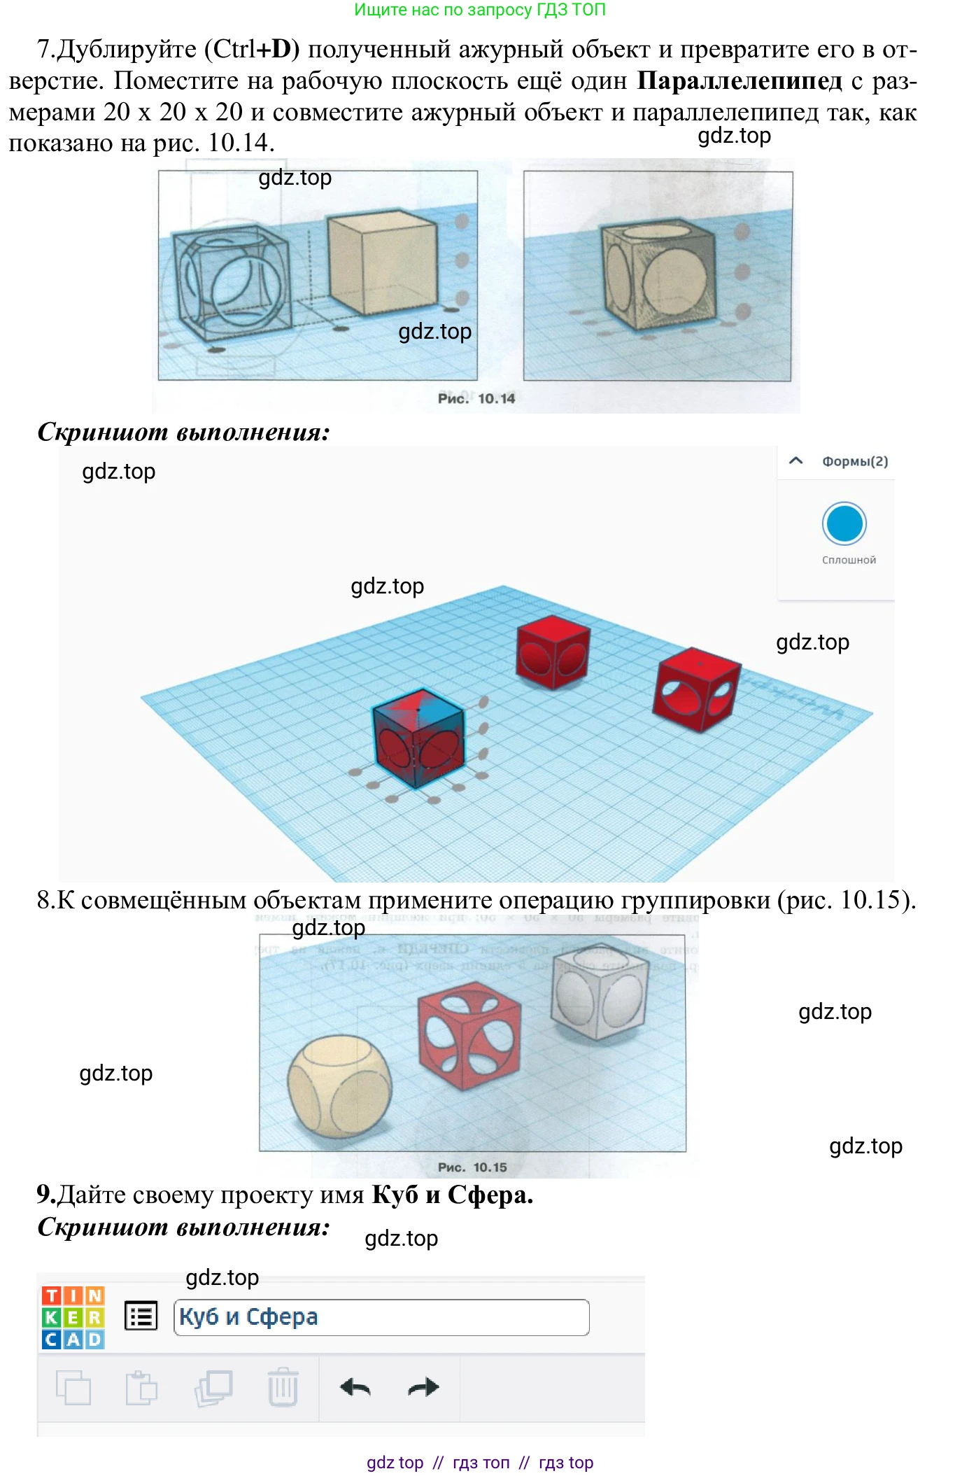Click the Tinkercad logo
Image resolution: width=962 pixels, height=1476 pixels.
73,1316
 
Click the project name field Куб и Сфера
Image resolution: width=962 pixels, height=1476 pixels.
381,1317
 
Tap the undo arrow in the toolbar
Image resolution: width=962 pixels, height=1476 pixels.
355,1386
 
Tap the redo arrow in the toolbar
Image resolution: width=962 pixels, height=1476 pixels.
423,1386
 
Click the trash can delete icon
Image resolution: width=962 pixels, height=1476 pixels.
283,1386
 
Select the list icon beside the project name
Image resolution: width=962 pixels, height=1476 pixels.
141,1316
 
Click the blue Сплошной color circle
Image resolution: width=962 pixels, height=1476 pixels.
844,523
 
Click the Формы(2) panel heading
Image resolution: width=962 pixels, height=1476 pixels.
854,461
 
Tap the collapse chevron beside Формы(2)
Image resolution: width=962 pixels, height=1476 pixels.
795,461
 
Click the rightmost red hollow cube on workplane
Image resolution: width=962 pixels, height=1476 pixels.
695,689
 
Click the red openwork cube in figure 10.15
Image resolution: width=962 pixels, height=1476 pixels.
469,1032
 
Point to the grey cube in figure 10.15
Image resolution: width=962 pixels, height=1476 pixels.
598,994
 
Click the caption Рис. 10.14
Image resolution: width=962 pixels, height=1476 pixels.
476,398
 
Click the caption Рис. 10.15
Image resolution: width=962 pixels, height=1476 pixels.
472,1167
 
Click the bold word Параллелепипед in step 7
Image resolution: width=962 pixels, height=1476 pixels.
739,81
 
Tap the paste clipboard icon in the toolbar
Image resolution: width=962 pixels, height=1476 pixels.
141,1386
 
